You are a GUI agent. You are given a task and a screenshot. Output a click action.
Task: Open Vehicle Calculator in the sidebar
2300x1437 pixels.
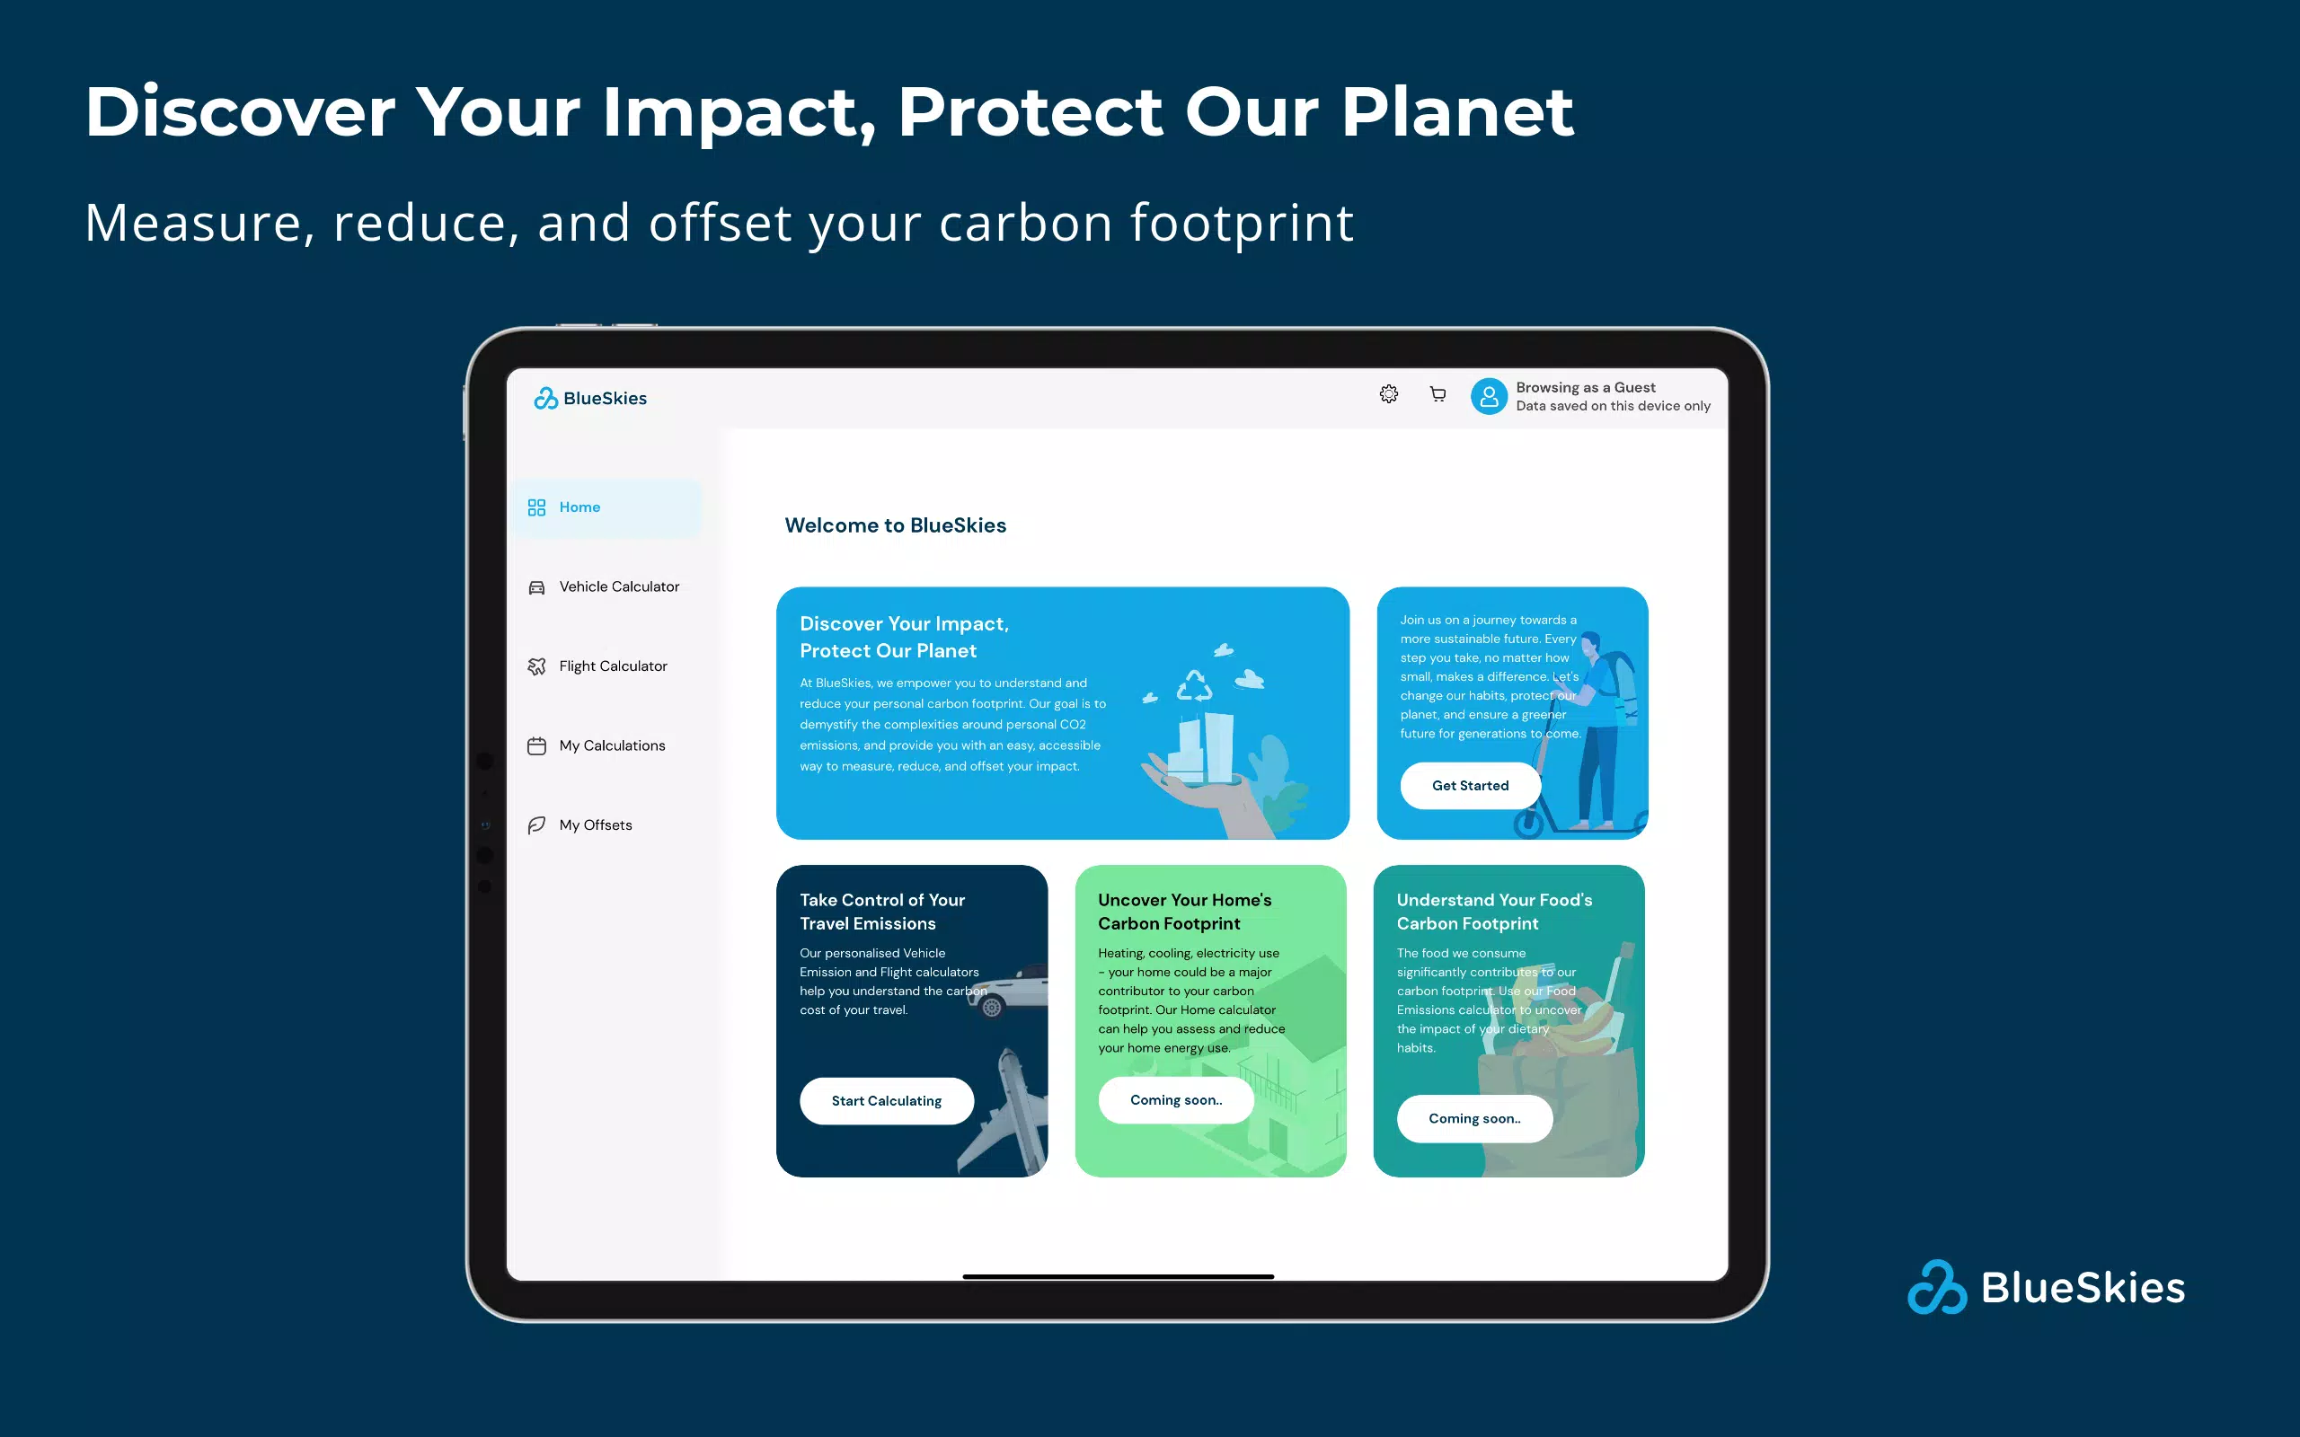click(605, 587)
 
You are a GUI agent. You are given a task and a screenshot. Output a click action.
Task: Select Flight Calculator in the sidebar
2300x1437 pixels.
click(597, 666)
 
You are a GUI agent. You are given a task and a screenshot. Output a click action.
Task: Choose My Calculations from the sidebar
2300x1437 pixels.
click(597, 746)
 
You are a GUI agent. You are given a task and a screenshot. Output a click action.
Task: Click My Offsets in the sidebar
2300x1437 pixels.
click(579, 825)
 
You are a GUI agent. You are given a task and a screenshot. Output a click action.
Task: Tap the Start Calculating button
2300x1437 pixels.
click(887, 1100)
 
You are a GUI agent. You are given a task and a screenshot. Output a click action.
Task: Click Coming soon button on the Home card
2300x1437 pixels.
click(1177, 1099)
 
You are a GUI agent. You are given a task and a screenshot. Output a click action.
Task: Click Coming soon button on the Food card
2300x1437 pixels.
click(1475, 1119)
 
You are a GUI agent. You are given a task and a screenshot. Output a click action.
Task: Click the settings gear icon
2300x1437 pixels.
click(1389, 393)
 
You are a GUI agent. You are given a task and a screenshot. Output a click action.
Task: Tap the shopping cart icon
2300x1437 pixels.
click(1438, 393)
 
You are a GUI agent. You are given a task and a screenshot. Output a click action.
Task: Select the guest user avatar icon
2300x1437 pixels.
click(1490, 396)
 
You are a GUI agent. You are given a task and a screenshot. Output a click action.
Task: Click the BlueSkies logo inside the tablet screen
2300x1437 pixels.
click(590, 398)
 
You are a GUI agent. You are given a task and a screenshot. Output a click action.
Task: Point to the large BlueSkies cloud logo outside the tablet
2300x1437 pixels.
click(1937, 1288)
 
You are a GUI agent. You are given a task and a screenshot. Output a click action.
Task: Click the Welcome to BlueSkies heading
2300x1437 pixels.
click(895, 525)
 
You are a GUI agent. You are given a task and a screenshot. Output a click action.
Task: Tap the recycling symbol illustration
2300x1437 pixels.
click(1195, 686)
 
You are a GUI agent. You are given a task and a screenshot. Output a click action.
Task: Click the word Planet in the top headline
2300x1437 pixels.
click(1458, 112)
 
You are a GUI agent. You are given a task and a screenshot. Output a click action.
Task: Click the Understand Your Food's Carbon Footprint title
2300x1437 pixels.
click(1495, 912)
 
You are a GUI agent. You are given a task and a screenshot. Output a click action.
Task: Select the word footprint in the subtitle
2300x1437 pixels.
click(1242, 225)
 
